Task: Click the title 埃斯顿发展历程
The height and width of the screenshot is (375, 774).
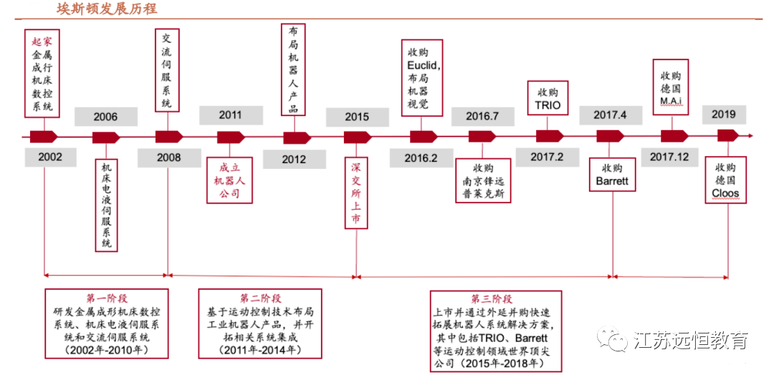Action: (107, 9)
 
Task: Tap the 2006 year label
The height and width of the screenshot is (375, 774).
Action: (105, 117)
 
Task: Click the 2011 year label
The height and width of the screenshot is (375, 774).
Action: (231, 115)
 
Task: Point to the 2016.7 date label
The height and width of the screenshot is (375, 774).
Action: (482, 116)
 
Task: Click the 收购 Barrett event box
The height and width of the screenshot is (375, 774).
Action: (611, 175)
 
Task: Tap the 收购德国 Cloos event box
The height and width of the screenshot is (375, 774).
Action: (725, 181)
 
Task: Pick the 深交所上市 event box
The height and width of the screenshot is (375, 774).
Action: (355, 193)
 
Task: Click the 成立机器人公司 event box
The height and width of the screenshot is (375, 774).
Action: (230, 179)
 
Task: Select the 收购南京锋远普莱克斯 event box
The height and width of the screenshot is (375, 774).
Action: (483, 181)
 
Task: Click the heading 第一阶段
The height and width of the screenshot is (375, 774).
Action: (107, 298)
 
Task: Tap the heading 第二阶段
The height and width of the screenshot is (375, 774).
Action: (260, 298)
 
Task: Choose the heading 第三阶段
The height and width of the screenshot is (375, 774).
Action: (492, 299)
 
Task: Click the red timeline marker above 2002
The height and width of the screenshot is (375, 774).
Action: (44, 136)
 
